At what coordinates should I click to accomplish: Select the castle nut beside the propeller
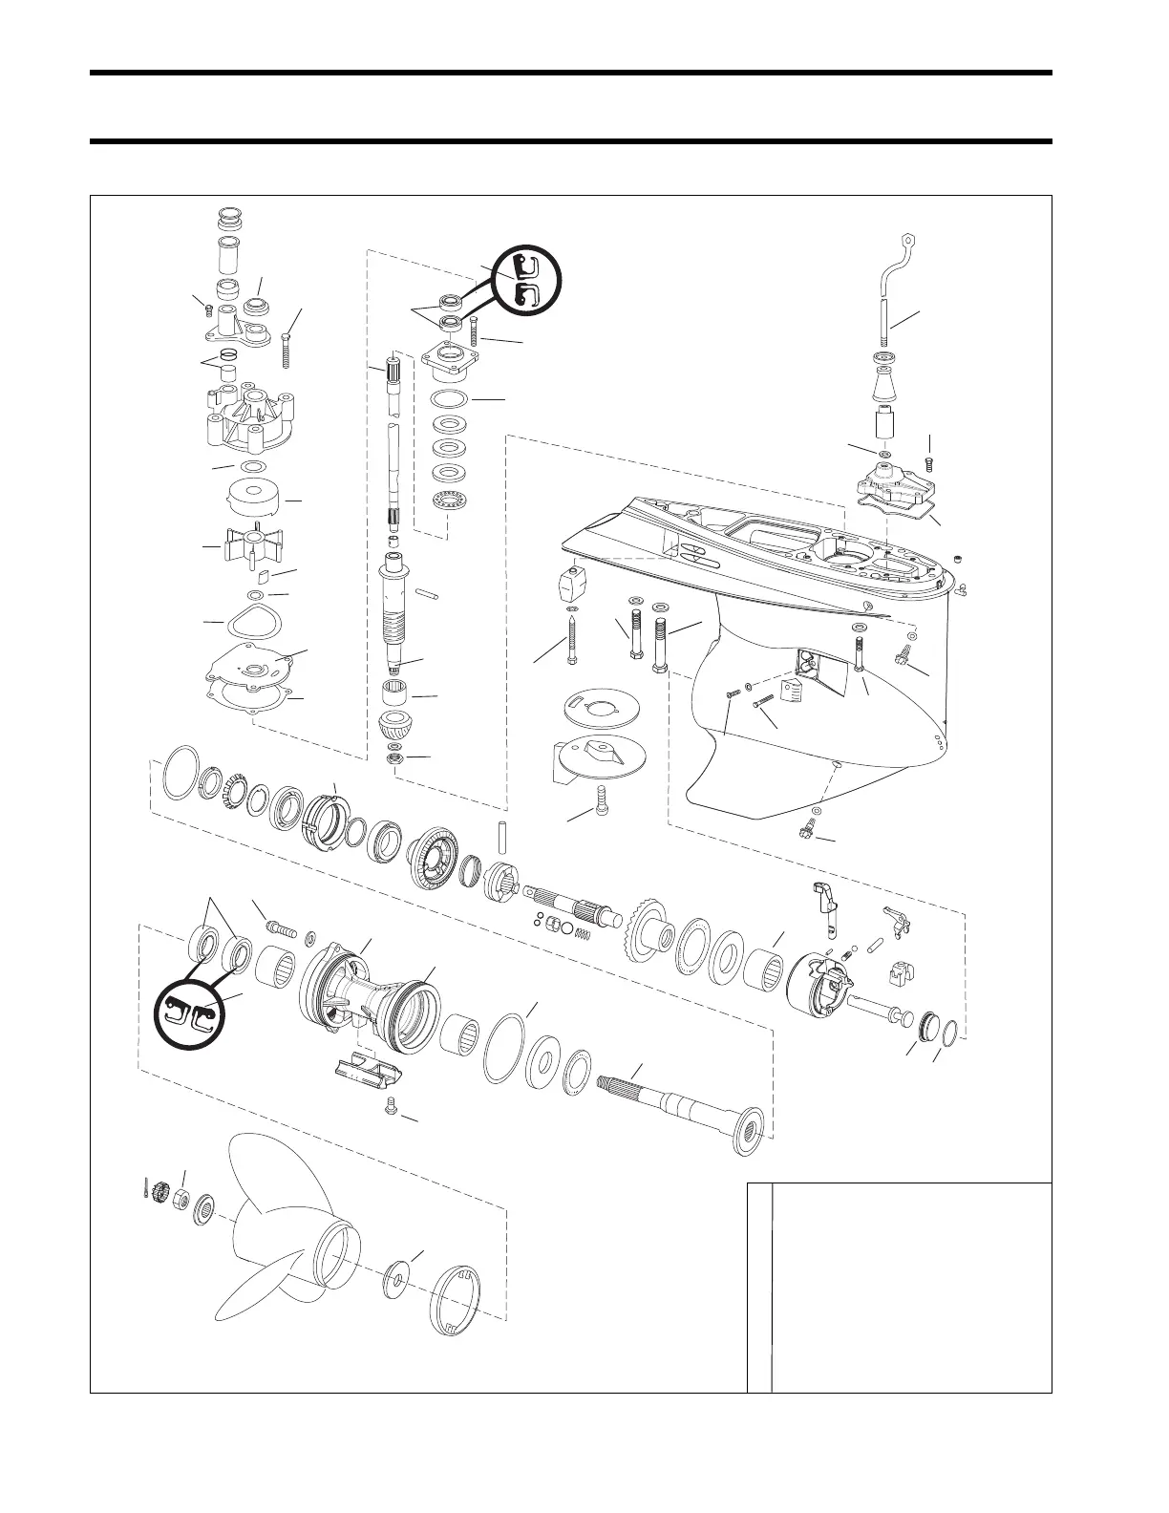pos(160,1192)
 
